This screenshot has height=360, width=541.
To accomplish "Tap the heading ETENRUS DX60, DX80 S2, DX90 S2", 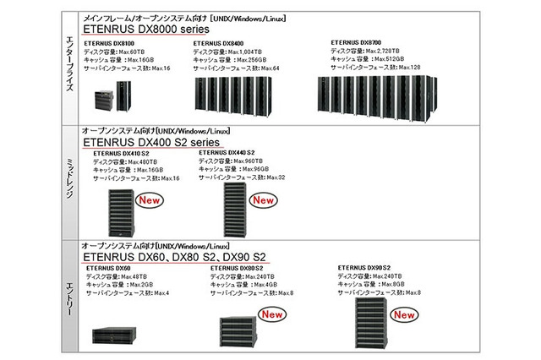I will click(175, 256).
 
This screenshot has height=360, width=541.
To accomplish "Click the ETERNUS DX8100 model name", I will click(111, 41).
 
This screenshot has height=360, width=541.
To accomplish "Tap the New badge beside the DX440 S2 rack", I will click(264, 200).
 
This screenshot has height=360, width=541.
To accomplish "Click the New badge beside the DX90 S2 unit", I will click(405, 314).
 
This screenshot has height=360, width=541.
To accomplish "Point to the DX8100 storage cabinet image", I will click(113, 101).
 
